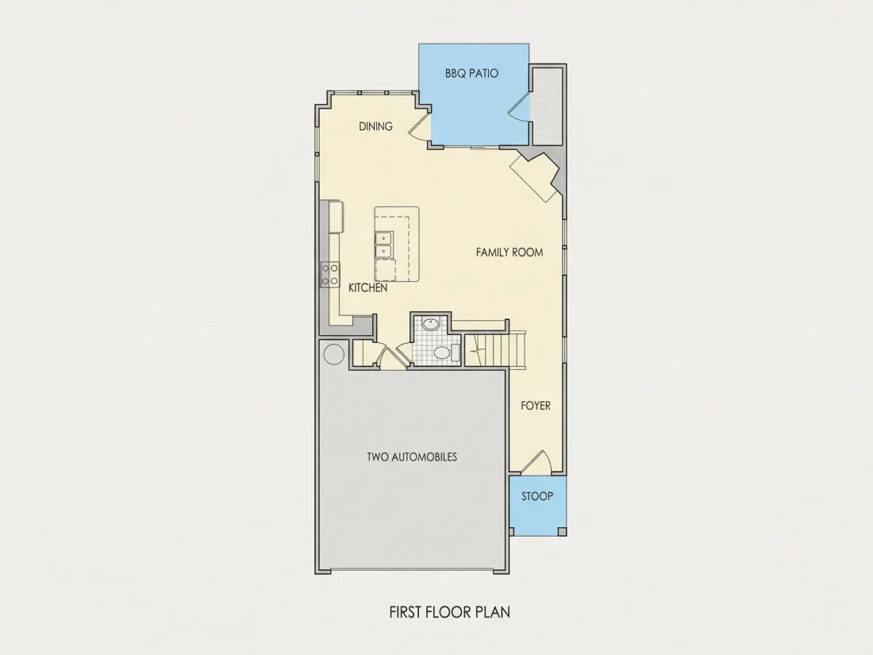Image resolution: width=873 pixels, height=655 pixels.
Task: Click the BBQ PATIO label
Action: point(471,73)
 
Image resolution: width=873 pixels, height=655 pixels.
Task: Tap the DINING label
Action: point(376,126)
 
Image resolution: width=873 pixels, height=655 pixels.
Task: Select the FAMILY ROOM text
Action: point(510,252)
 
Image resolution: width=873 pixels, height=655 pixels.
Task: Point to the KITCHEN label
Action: point(368,288)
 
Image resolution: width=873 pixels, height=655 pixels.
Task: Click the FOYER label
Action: point(536,406)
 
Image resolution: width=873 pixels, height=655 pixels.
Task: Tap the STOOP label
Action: point(537,496)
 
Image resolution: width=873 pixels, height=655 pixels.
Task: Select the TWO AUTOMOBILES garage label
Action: point(412,457)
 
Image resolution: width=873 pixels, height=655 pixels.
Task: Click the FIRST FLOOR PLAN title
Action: point(450,612)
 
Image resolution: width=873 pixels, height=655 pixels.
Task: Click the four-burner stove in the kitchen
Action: point(330,275)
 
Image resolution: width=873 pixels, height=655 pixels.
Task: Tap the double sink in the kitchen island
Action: point(383,245)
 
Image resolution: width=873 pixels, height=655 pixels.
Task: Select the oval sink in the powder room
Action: point(430,324)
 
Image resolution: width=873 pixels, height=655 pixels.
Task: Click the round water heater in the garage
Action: point(333,354)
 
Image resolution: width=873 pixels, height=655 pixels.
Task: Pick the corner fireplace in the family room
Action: point(534,176)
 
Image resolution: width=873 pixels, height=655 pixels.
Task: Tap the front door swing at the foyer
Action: point(536,463)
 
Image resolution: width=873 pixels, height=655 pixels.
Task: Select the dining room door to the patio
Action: point(421,126)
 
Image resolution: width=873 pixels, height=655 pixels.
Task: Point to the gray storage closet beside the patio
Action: point(548,106)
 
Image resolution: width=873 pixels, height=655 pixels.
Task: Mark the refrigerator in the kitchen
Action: point(337,217)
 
